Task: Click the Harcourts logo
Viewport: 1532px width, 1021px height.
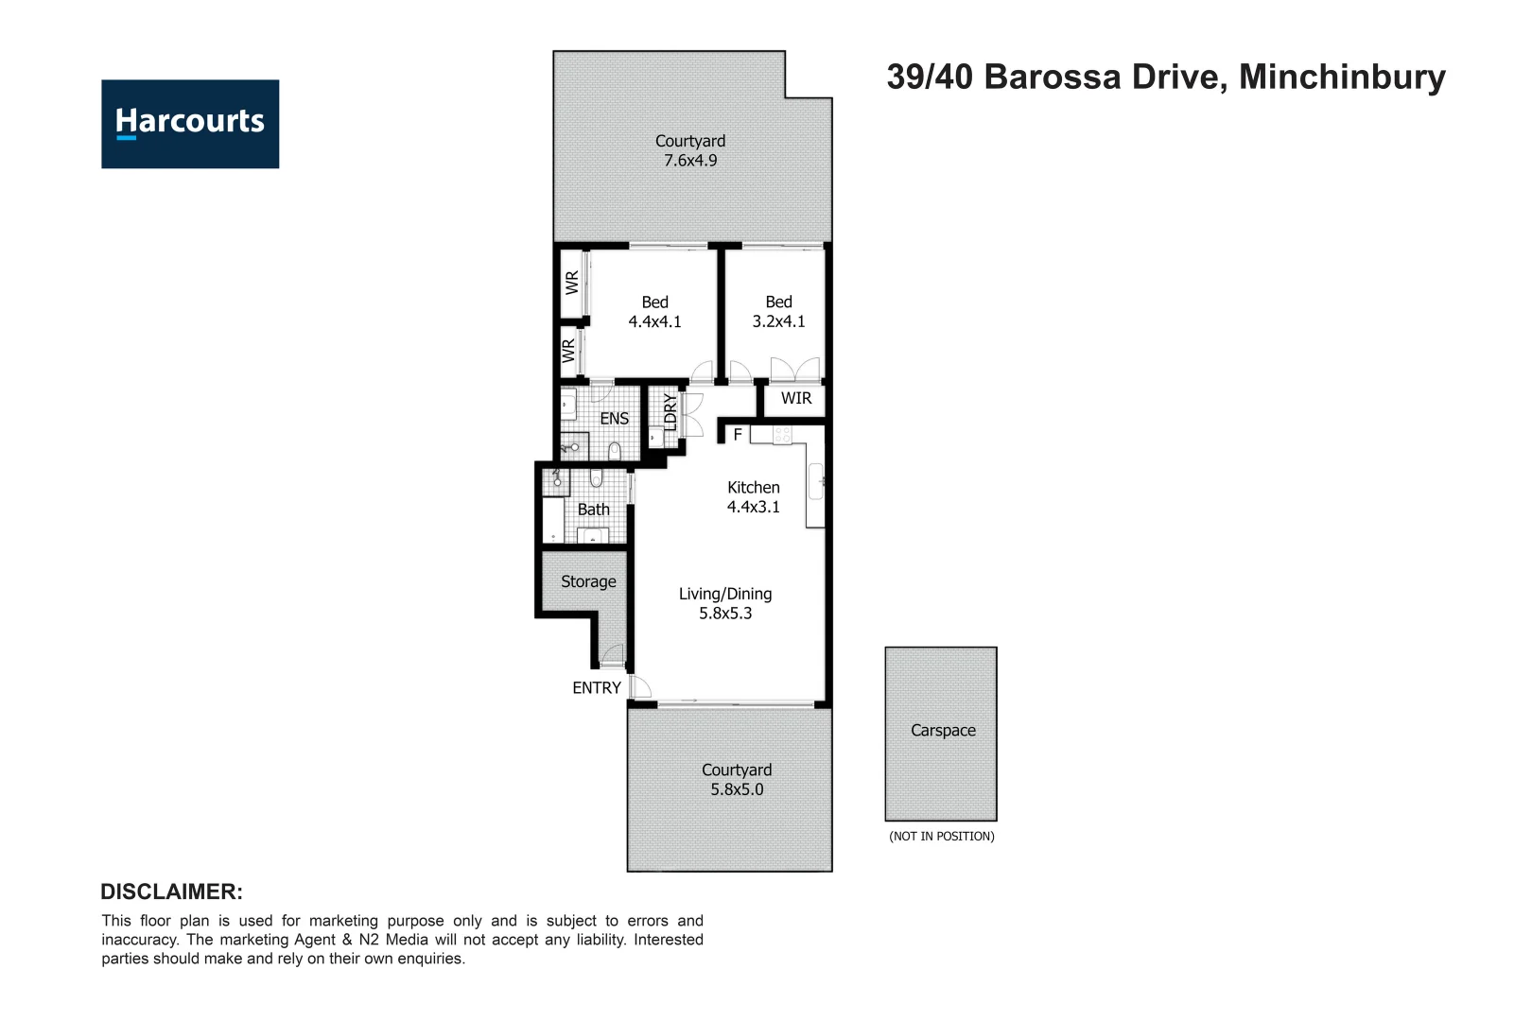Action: pyautogui.click(x=190, y=124)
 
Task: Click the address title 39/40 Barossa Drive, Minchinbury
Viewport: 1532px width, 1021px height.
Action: pyautogui.click(x=1165, y=77)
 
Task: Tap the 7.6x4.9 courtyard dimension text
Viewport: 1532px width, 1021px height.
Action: pyautogui.click(x=690, y=161)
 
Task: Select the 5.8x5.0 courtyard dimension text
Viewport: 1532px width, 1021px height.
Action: pyautogui.click(x=737, y=789)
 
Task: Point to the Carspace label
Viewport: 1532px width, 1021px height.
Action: pyautogui.click(x=943, y=730)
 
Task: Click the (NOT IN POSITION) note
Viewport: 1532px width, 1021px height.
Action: pyautogui.click(x=941, y=836)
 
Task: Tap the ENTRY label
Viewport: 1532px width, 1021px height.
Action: pyautogui.click(x=596, y=688)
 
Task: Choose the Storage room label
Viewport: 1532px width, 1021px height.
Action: pyautogui.click(x=588, y=581)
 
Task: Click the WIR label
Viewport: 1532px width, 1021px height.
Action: pyautogui.click(x=795, y=398)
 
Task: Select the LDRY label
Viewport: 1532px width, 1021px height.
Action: pyautogui.click(x=670, y=413)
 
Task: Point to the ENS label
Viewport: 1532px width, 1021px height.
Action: pyautogui.click(x=614, y=418)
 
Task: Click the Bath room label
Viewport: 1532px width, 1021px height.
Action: pyautogui.click(x=593, y=510)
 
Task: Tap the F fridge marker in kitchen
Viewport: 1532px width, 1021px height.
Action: pyautogui.click(x=738, y=435)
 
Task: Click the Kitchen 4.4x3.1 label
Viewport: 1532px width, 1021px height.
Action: pyautogui.click(x=753, y=497)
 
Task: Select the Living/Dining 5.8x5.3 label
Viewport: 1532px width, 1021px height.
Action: pyautogui.click(x=725, y=603)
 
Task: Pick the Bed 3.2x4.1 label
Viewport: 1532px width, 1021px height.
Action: pyautogui.click(x=778, y=311)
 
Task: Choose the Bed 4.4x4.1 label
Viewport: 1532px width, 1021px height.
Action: pyautogui.click(x=654, y=312)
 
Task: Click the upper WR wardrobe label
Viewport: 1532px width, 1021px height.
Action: pyautogui.click(x=572, y=282)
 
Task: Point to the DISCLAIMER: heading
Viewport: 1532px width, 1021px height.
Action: pyautogui.click(x=171, y=891)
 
